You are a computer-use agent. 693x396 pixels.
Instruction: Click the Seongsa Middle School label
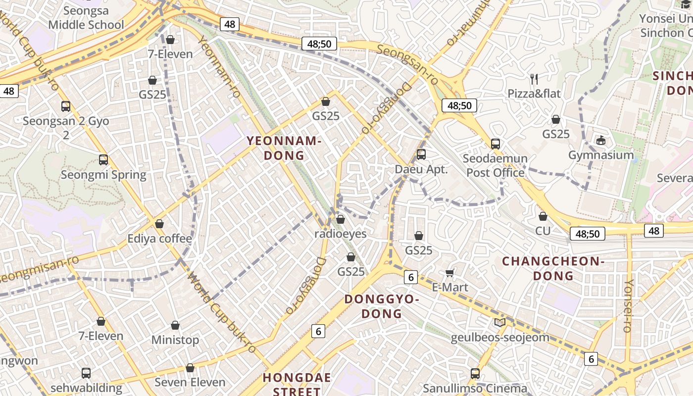point(86,17)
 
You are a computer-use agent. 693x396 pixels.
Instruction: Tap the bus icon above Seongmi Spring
point(103,160)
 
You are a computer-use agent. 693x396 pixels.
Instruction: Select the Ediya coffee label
point(159,239)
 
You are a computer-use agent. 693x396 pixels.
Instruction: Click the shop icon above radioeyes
point(341,219)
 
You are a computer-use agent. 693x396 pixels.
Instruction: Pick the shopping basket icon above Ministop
point(175,326)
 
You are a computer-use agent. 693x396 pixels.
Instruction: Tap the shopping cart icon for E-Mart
point(450,273)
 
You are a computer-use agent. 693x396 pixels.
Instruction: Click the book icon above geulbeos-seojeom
point(500,323)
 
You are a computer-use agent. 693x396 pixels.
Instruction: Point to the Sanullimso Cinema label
point(475,388)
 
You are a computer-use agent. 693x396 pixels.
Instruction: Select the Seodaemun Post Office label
point(495,166)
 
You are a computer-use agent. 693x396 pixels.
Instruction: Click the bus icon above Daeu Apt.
point(421,154)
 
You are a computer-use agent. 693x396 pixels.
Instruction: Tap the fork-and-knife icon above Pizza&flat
point(534,79)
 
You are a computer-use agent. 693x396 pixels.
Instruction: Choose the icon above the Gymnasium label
point(601,141)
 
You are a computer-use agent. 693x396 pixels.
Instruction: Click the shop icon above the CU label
point(543,217)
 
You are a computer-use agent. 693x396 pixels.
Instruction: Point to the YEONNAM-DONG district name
point(284,148)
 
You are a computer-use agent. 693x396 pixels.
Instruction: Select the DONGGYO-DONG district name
point(382,306)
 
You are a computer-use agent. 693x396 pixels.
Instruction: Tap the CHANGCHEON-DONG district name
point(553,268)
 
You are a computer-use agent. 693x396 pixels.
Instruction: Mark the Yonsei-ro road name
point(628,306)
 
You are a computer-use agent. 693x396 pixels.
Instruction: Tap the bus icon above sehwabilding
point(86,373)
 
